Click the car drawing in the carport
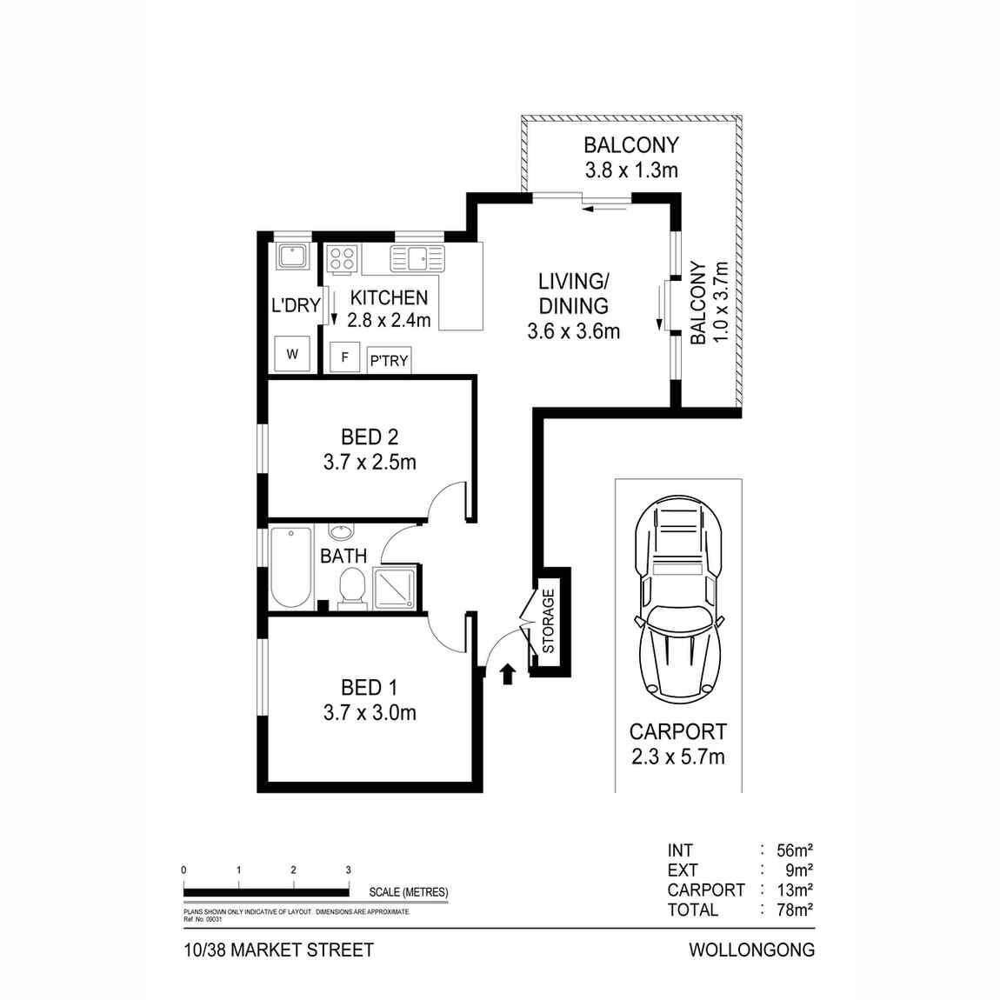pos(678,600)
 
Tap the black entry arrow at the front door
pos(508,674)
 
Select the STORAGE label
pos(548,621)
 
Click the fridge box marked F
pos(344,357)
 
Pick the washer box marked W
pos(292,354)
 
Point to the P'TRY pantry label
pos(389,360)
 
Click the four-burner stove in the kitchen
pos(343,258)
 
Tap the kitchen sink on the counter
pos(417,258)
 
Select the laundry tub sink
pos(290,257)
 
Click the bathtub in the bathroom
pos(290,567)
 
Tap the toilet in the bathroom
pos(351,585)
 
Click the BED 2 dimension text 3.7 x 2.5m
pos(370,463)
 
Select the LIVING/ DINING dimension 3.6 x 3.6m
pos(573,331)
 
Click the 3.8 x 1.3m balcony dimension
pos(630,170)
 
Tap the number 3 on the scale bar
pos(348,870)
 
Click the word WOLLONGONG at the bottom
pos(751,950)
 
